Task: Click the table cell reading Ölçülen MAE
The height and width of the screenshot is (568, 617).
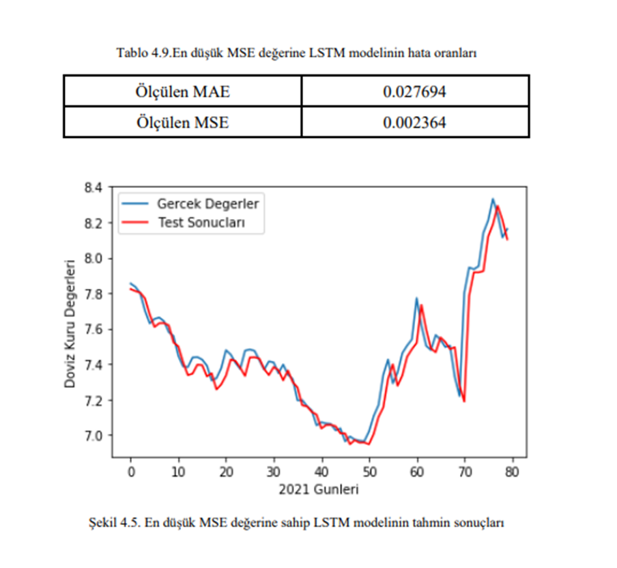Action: pyautogui.click(x=182, y=91)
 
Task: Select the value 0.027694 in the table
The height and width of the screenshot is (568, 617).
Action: pyautogui.click(x=414, y=91)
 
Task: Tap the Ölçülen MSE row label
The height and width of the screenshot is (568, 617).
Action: pyautogui.click(x=182, y=123)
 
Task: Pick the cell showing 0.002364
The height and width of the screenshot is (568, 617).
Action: pyautogui.click(x=414, y=123)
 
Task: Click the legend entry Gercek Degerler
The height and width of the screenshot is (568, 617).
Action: pyautogui.click(x=208, y=203)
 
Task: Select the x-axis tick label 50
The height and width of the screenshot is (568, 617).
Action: pyautogui.click(x=369, y=471)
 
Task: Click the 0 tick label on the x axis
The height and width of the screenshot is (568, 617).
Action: pyautogui.click(x=130, y=471)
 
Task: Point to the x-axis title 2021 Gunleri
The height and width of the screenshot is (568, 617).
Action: pyautogui.click(x=318, y=489)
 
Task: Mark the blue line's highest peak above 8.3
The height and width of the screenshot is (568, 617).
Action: pyautogui.click(x=493, y=199)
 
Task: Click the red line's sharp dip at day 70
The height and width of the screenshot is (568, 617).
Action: pyautogui.click(x=464, y=401)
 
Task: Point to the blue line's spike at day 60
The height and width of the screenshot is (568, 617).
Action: pyautogui.click(x=416, y=298)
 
